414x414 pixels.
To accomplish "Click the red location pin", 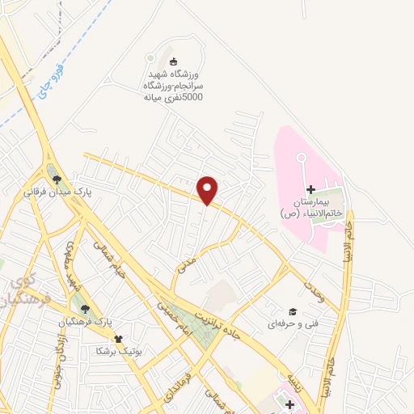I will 208,188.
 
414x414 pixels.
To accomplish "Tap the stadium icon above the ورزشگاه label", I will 172,61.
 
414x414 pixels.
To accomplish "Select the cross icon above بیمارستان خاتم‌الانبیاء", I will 310,189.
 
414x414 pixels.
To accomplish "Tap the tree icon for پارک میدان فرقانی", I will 54,179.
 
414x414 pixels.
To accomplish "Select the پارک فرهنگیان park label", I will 81,323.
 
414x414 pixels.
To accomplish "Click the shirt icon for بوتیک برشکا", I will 119,339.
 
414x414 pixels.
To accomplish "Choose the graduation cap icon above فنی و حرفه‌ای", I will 293,311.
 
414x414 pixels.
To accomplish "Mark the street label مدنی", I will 187,263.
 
